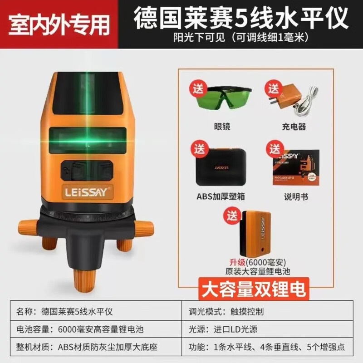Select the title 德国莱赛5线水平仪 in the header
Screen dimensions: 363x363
[241, 19]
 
